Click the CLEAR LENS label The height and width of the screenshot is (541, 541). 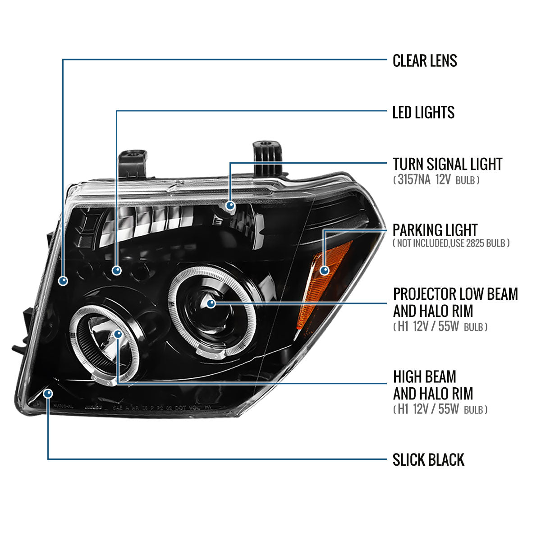[x=424, y=60]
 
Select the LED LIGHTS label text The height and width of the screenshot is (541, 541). [x=423, y=112]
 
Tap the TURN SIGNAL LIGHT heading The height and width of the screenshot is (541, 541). [x=447, y=164]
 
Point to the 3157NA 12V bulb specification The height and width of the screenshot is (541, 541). [x=436, y=180]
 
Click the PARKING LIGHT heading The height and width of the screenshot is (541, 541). [x=435, y=230]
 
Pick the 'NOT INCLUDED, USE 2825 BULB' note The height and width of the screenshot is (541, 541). [x=451, y=243]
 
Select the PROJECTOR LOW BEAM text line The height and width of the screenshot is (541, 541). [x=455, y=294]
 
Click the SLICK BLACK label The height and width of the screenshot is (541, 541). [x=428, y=460]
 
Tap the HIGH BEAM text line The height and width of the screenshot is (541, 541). [x=424, y=376]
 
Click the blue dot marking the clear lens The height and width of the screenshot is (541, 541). [x=63, y=280]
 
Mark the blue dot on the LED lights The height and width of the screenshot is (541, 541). [x=117, y=270]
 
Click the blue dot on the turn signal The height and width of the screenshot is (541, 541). [x=231, y=206]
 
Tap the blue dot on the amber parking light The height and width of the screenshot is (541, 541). [x=324, y=270]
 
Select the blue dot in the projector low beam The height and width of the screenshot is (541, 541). [x=211, y=303]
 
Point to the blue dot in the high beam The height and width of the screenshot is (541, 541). [x=118, y=334]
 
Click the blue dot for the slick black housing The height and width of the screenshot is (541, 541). [x=48, y=394]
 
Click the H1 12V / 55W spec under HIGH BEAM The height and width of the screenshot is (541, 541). [x=440, y=409]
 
